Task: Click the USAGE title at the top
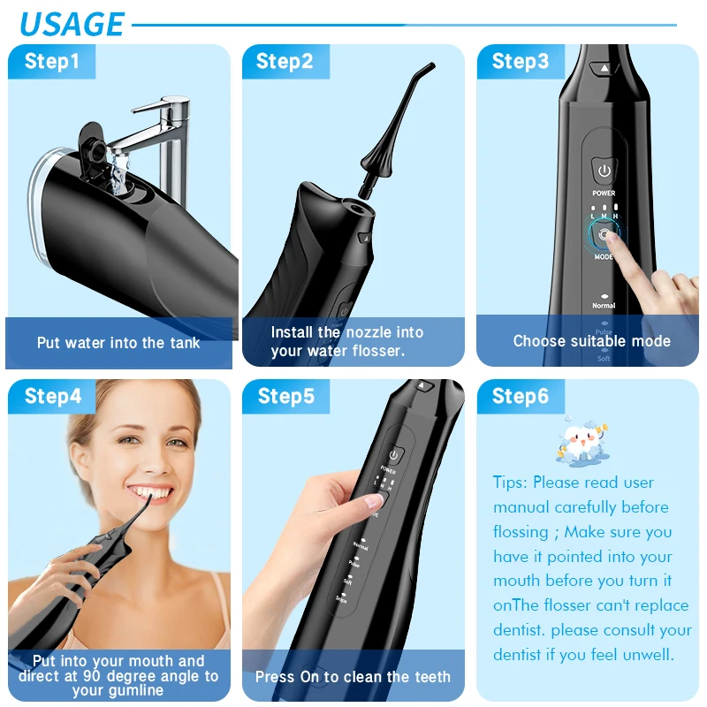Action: click(x=72, y=24)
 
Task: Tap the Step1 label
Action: click(x=51, y=61)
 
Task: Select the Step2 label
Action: click(x=285, y=61)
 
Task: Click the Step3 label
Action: click(x=521, y=61)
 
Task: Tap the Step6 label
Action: click(x=521, y=397)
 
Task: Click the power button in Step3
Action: click(x=604, y=171)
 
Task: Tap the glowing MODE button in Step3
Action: click(x=604, y=235)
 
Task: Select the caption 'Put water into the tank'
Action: click(x=118, y=343)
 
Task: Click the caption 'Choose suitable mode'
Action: click(x=591, y=341)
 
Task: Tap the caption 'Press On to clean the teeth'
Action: click(x=353, y=677)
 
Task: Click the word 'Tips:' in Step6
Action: click(x=511, y=483)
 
